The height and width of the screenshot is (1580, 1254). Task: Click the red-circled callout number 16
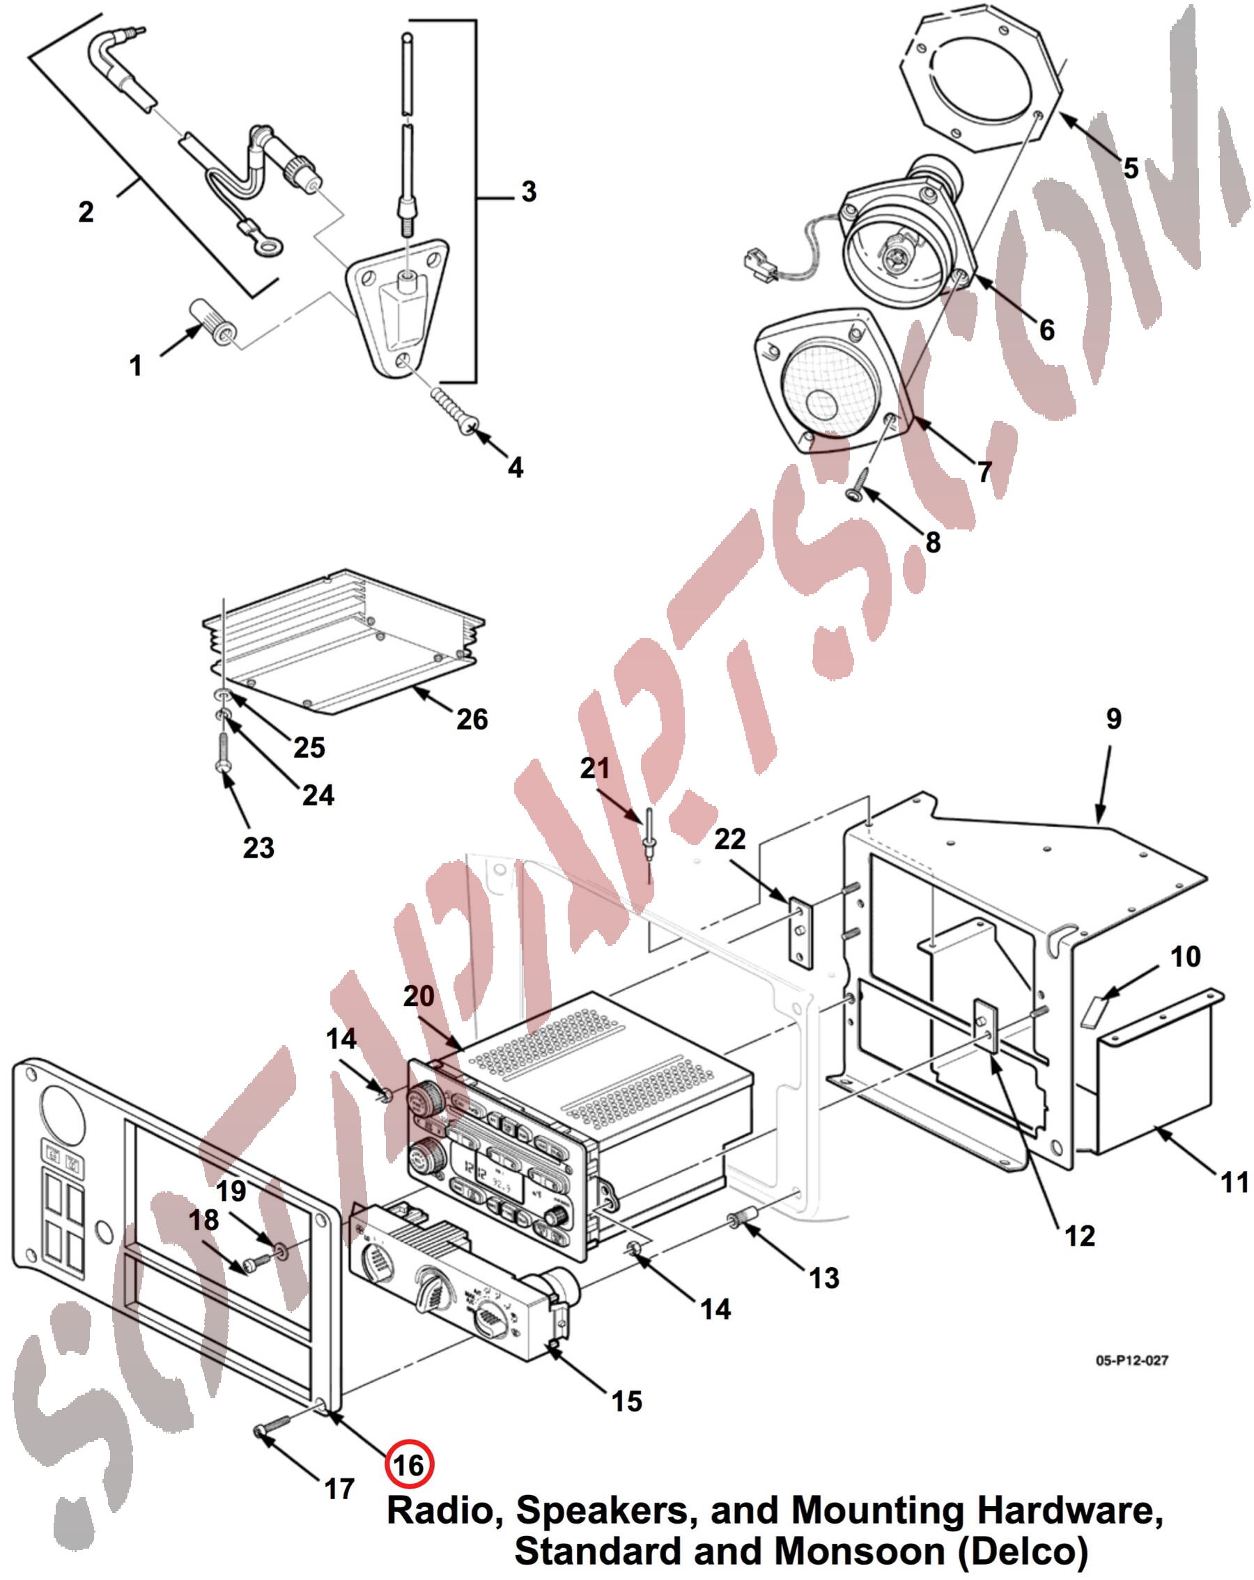click(409, 1466)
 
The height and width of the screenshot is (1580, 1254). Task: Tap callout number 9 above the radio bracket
click(1113, 719)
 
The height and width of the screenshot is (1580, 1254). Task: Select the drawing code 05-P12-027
click(1131, 1360)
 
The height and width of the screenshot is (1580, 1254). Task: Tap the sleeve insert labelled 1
click(212, 324)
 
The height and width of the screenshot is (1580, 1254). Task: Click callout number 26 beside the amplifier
click(472, 719)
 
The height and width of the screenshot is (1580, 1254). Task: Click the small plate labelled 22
click(800, 934)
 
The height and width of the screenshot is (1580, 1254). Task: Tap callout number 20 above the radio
click(419, 996)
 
